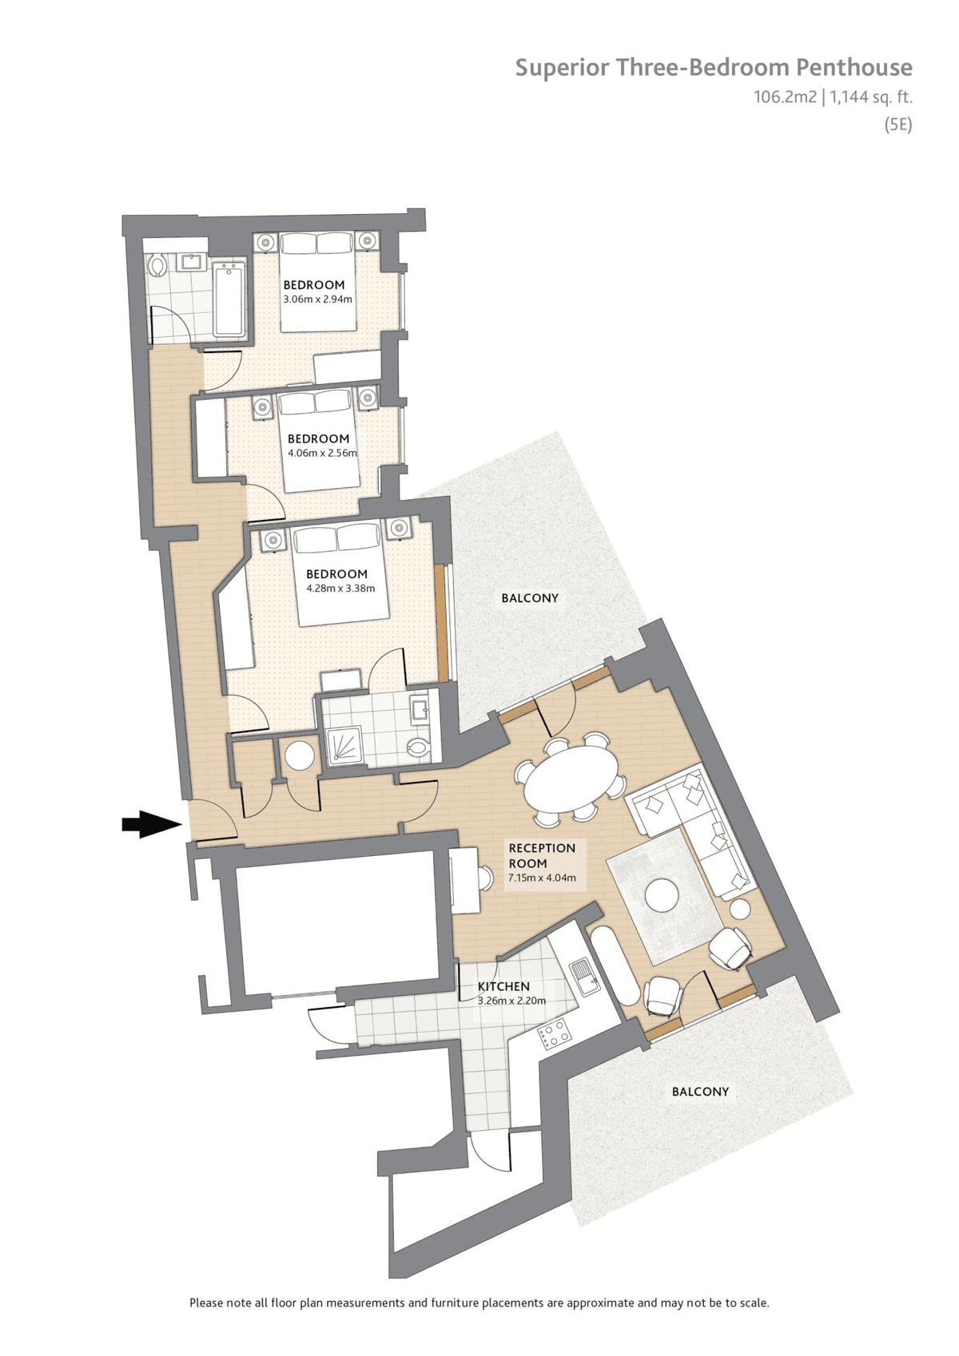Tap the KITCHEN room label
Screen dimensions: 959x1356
pos(503,987)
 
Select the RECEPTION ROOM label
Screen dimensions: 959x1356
pos(542,855)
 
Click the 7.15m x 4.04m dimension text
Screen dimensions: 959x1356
pos(542,878)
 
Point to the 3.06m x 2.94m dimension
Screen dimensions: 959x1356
pos(317,299)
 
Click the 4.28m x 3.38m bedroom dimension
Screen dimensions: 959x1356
pos(340,588)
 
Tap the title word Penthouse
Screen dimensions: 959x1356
pos(854,67)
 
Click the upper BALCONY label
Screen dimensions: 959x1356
pos(530,598)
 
